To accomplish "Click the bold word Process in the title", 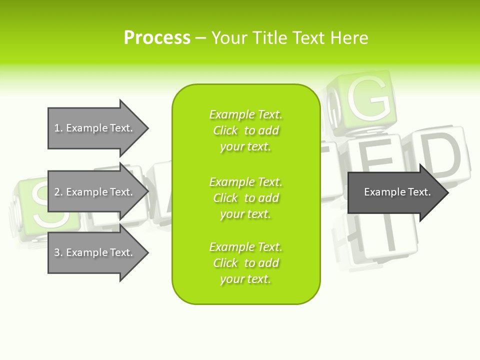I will (x=157, y=37).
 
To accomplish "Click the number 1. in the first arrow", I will (x=58, y=128).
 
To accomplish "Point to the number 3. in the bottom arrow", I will (x=58, y=252).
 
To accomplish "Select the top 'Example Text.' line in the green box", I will (x=246, y=114).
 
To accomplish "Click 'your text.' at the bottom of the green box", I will (x=246, y=279).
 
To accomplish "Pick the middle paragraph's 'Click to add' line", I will (x=246, y=198).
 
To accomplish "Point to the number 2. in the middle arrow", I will (x=58, y=192).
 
